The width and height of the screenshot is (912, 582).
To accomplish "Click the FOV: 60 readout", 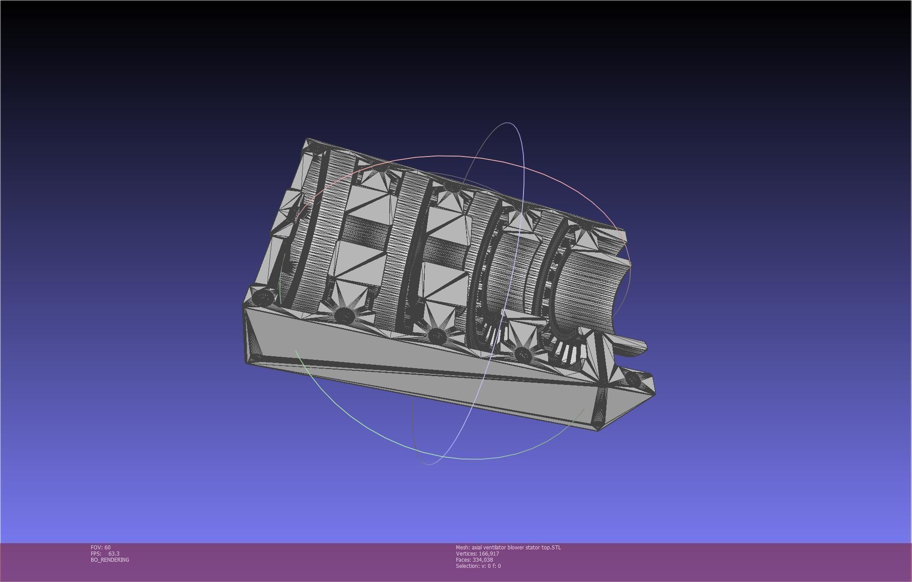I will [101, 547].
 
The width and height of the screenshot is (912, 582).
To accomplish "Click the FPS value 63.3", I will [114, 553].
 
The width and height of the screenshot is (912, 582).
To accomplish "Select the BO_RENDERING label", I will [110, 560].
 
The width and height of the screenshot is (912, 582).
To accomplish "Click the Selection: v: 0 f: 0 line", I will [478, 566].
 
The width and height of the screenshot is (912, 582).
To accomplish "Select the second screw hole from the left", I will [344, 315].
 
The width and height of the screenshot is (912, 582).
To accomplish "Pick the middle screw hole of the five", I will [437, 336].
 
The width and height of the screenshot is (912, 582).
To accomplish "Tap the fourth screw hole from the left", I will [523, 354].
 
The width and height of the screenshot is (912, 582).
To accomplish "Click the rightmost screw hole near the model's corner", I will [632, 379].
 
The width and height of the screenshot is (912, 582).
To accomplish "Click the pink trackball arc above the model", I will [441, 156].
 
